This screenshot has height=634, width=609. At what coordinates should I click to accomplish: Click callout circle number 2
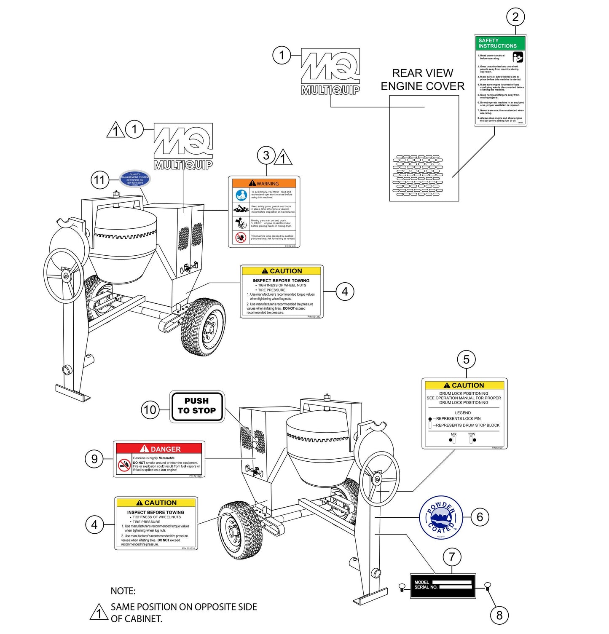(x=515, y=17)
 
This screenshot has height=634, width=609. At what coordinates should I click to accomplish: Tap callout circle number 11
(x=99, y=180)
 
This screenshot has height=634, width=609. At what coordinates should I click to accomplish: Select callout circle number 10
(x=150, y=410)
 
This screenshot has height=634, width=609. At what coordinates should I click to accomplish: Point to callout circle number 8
(x=499, y=615)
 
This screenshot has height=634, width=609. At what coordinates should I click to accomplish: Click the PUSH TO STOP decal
(x=197, y=406)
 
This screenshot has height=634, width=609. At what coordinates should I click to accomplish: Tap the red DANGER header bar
(x=159, y=449)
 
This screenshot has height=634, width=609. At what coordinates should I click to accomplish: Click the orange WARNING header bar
(x=264, y=183)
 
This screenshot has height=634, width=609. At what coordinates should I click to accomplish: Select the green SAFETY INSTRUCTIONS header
(x=500, y=43)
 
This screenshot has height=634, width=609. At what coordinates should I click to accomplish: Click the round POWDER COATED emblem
(x=441, y=517)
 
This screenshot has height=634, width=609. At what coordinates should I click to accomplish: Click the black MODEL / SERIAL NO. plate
(x=443, y=586)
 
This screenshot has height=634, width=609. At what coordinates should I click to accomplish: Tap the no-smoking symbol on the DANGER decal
(x=124, y=465)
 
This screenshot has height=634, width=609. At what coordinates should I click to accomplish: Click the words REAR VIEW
(x=422, y=73)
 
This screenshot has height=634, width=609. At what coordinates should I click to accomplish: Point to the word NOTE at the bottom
(x=123, y=591)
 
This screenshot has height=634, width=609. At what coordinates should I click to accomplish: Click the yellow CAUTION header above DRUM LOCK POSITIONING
(x=464, y=385)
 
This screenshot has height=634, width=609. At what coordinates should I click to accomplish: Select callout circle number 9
(x=94, y=459)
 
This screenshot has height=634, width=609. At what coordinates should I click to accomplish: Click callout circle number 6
(x=480, y=517)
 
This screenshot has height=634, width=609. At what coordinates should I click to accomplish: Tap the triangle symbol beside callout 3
(x=283, y=158)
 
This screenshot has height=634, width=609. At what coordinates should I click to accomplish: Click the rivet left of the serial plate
(x=402, y=586)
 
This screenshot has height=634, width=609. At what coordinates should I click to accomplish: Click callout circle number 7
(x=452, y=557)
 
